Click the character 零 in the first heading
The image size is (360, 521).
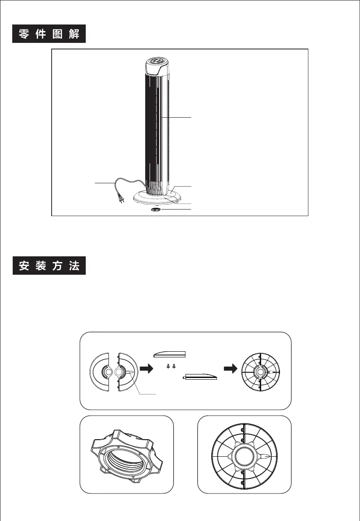(x=24, y=34)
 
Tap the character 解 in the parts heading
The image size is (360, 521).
(x=74, y=34)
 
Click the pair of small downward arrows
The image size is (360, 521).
(x=171, y=366)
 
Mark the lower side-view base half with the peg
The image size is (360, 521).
(x=199, y=376)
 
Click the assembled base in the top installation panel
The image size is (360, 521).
(x=260, y=372)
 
